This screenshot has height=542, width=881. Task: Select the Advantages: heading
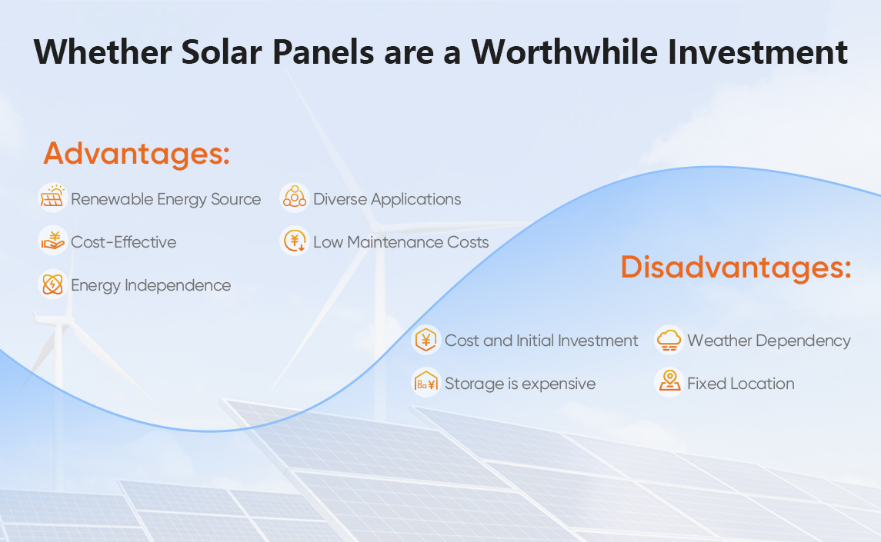136,154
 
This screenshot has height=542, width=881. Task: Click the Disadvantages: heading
736,268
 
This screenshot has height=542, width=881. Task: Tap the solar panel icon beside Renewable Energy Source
52,198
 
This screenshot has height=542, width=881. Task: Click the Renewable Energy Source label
165,199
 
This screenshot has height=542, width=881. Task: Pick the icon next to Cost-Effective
52,241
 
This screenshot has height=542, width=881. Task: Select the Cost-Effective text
123,242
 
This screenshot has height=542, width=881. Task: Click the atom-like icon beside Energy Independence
52,284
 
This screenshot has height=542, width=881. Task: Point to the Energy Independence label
150,285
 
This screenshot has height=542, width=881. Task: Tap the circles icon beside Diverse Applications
294,198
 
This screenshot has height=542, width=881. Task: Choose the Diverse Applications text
387,199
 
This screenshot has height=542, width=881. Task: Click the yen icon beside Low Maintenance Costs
294,241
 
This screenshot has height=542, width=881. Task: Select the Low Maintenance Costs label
401,242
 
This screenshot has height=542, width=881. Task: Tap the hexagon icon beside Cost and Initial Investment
425,340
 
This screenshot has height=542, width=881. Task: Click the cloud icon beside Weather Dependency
669,340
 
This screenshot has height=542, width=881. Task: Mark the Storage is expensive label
519,384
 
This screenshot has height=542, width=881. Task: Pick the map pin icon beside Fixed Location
669,382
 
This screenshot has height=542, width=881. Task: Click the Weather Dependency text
769,341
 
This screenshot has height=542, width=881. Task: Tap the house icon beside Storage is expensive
425,383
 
